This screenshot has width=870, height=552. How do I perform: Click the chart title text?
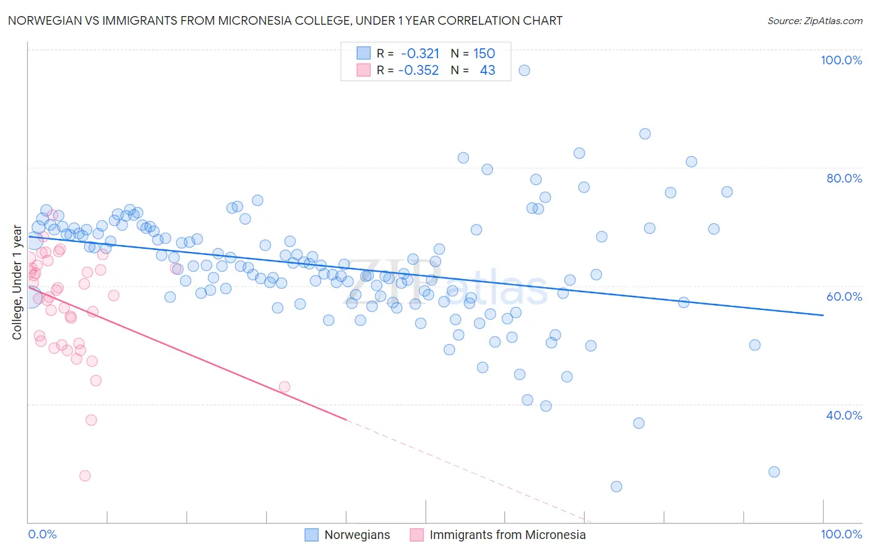click(x=285, y=20)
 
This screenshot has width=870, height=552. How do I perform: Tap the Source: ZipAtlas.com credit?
click(x=814, y=21)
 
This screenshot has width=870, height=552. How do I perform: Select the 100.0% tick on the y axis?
click(x=841, y=60)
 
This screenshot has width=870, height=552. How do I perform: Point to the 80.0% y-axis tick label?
click(x=843, y=178)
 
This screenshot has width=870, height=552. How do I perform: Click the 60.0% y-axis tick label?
click(x=843, y=296)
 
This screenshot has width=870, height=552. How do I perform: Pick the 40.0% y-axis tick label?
click(x=843, y=415)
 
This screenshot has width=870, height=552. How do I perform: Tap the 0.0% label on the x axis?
click(x=42, y=534)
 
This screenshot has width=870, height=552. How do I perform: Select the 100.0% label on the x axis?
click(x=841, y=534)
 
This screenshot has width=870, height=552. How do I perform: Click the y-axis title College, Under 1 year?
click(x=17, y=283)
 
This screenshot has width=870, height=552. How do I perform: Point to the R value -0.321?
click(x=420, y=54)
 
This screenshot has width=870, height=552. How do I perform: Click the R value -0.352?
click(x=418, y=71)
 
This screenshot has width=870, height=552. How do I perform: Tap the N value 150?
click(x=484, y=54)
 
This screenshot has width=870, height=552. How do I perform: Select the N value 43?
click(x=487, y=71)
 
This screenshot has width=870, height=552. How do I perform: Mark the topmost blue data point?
click(x=524, y=71)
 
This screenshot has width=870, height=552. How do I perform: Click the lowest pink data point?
click(x=85, y=476)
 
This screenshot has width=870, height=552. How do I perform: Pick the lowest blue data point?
click(x=616, y=486)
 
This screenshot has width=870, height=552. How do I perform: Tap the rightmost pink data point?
click(x=285, y=387)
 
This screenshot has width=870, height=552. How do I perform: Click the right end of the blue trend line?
click(x=823, y=315)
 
